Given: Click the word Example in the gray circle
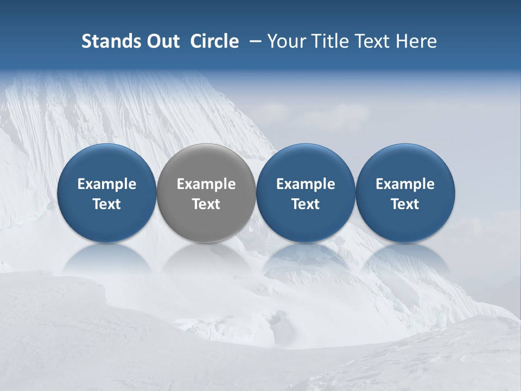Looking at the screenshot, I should pos(206,184).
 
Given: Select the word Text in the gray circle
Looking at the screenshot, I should pos(206,204).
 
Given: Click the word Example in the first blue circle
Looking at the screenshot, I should pos(107,184).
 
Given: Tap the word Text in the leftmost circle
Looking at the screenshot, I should pos(107,204).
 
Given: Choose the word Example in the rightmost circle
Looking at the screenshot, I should pos(405,184).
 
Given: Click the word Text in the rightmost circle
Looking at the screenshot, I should pos(405,204).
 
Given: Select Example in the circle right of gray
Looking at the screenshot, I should pos(306,184).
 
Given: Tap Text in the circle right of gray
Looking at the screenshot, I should pos(306,204).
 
